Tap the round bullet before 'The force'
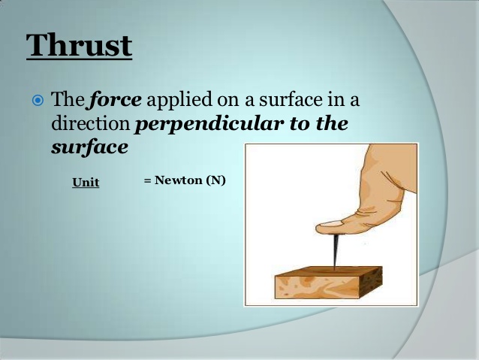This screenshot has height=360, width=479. pos(38,100)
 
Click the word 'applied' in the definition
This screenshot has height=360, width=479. pos(175,100)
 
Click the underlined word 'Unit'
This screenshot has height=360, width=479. pos(86,183)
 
